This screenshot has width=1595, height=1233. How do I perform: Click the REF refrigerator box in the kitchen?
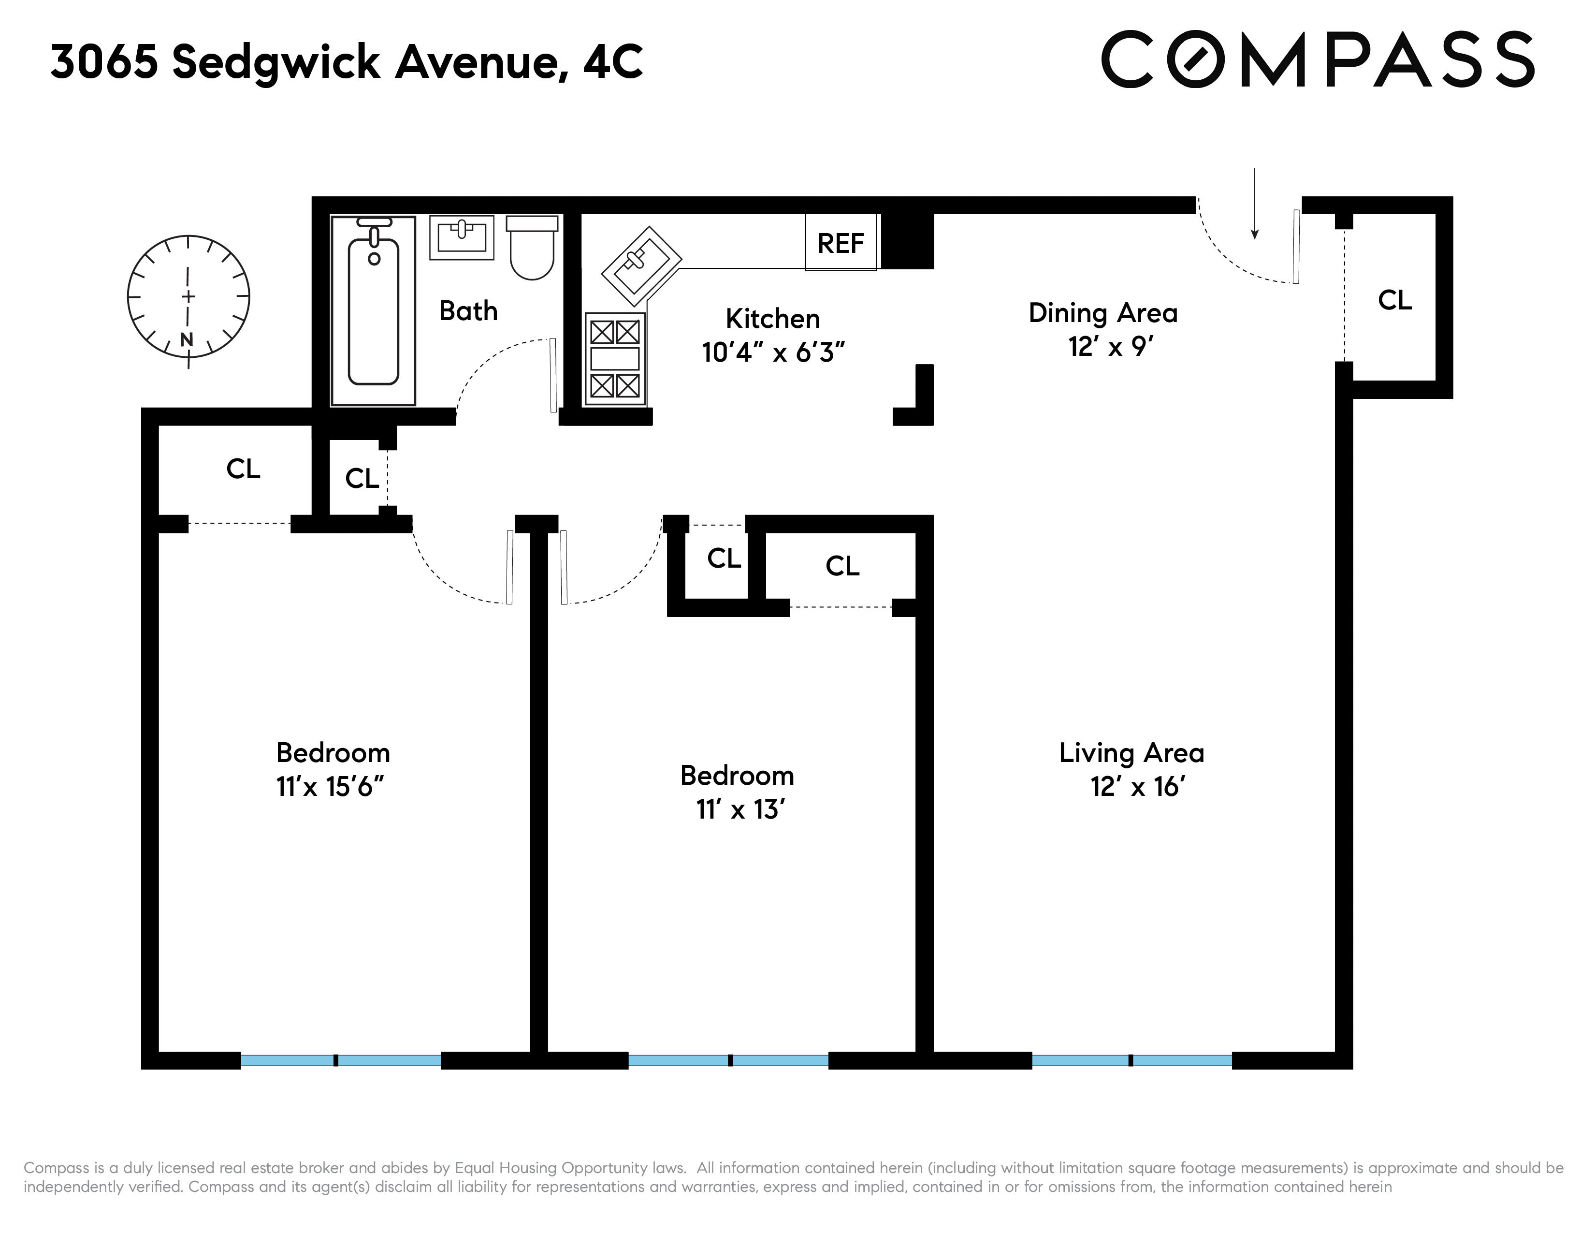point(841,243)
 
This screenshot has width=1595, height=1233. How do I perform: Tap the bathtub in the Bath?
point(373,310)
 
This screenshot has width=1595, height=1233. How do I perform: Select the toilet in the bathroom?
point(532,247)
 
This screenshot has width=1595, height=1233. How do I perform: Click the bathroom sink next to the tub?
point(462,236)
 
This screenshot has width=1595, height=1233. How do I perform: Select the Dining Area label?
point(1103,313)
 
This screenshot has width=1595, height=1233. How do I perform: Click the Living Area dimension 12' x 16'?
point(1137,787)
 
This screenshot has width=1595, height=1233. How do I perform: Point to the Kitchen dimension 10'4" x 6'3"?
point(773,353)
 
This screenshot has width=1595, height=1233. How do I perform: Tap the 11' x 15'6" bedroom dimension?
point(330,787)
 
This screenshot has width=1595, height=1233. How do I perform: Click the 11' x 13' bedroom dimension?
point(740,809)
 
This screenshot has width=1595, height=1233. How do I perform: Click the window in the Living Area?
point(1131,1060)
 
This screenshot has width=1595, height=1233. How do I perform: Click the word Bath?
point(468,311)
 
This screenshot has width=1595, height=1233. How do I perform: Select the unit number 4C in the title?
point(613,61)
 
